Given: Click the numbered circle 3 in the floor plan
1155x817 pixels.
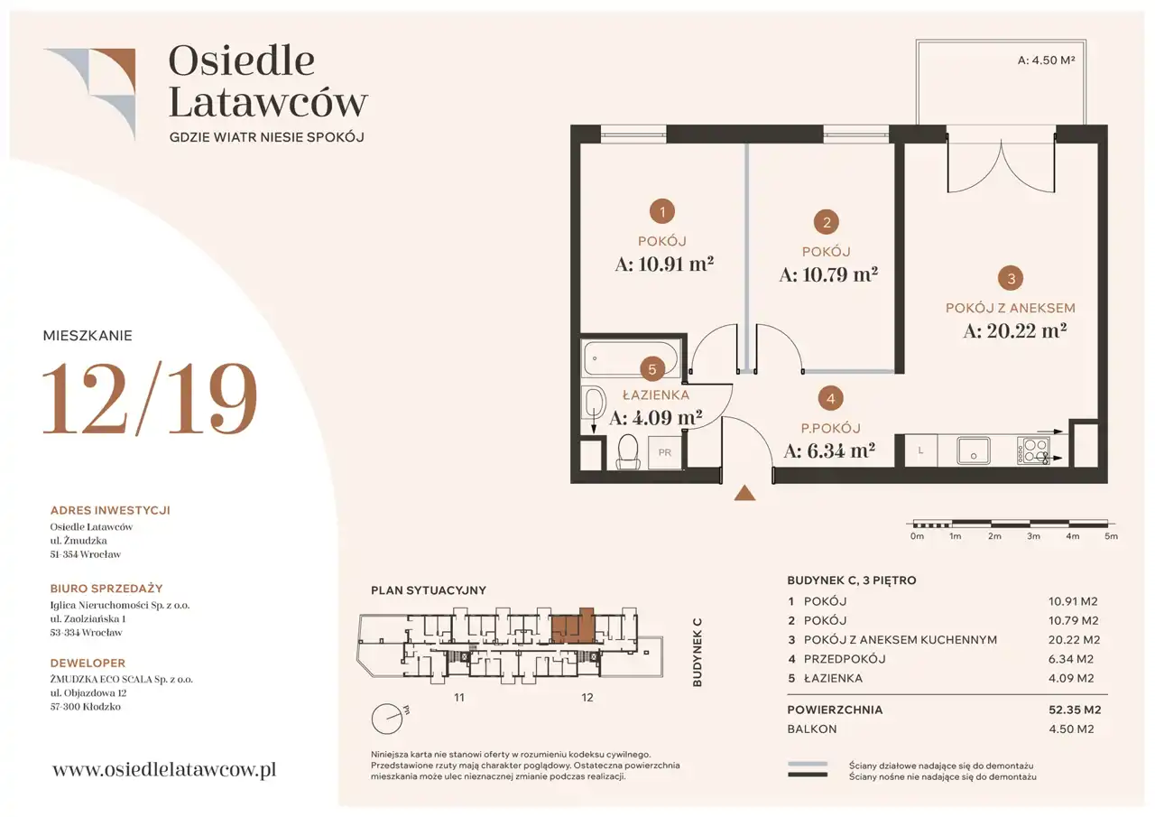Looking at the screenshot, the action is (x=1011, y=279).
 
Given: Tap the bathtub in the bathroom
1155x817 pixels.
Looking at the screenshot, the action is (x=630, y=358).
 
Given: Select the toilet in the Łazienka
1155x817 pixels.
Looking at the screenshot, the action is (x=627, y=451).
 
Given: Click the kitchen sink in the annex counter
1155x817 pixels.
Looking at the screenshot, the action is (x=973, y=450).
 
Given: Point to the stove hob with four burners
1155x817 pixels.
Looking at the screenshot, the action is (x=1033, y=450).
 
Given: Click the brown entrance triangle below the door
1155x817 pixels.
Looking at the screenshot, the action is (x=744, y=493).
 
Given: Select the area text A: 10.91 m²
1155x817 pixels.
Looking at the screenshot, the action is (x=664, y=265).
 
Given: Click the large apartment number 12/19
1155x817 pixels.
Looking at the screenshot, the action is (x=150, y=398).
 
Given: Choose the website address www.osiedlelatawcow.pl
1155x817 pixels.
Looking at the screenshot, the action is (x=164, y=769).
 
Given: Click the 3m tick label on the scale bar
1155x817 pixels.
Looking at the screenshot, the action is (x=1033, y=536).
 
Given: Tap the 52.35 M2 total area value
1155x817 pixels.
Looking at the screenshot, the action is (x=1075, y=710).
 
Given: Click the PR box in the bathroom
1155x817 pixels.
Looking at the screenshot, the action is (x=665, y=452).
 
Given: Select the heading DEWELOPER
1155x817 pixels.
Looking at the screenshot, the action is (x=88, y=663).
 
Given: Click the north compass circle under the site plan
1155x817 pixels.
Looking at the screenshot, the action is (x=387, y=719).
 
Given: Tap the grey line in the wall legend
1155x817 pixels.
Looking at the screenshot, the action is (x=807, y=764).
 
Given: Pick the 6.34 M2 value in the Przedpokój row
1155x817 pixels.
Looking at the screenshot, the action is (x=1071, y=659).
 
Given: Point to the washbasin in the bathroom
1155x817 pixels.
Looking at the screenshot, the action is (x=594, y=403).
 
